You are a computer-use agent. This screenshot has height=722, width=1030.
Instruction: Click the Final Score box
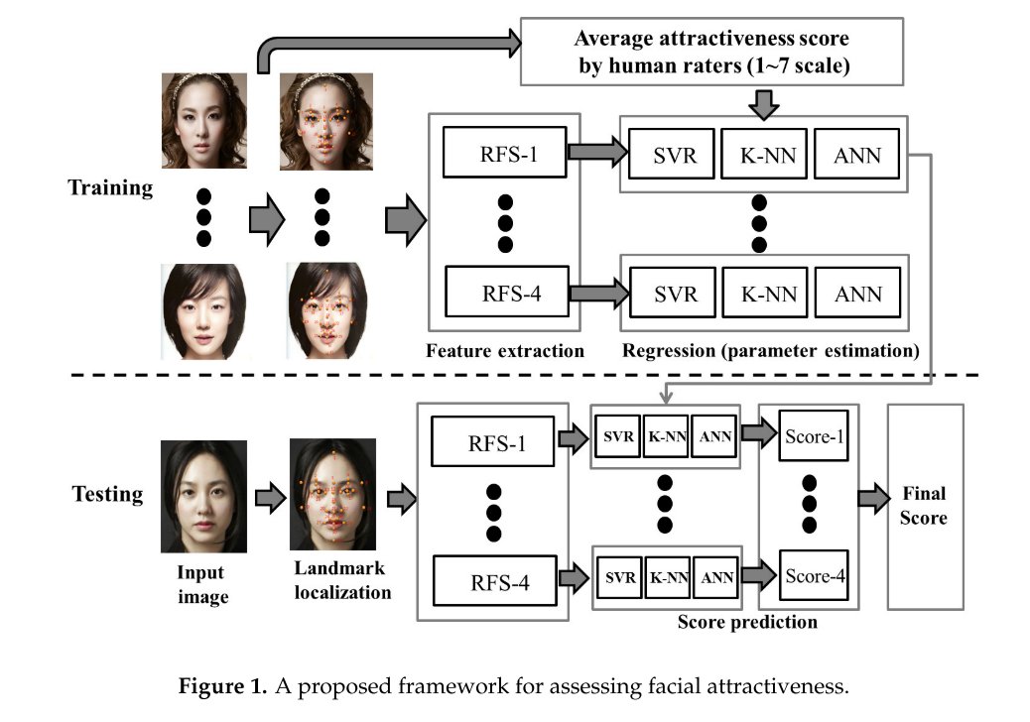[925, 506]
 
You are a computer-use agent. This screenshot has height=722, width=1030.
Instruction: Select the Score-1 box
[813, 435]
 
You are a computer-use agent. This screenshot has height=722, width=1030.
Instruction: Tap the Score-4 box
[813, 575]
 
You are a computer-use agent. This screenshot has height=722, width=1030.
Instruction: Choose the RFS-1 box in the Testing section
[493, 443]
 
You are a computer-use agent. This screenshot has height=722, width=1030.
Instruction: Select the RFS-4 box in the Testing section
[493, 582]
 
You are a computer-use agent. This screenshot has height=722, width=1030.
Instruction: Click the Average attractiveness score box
[712, 52]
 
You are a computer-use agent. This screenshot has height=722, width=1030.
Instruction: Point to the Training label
[110, 187]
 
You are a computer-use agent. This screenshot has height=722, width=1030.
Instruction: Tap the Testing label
[107, 493]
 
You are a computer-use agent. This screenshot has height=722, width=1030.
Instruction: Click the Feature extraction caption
[505, 351]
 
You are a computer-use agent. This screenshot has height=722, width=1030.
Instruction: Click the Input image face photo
[203, 497]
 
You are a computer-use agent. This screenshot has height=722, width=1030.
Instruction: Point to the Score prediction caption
[747, 623]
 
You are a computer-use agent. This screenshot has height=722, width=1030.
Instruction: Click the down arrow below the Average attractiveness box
[762, 102]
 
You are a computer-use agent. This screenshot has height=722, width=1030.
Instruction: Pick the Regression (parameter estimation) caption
[770, 351]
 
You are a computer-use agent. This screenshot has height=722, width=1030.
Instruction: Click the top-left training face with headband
[203, 119]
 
